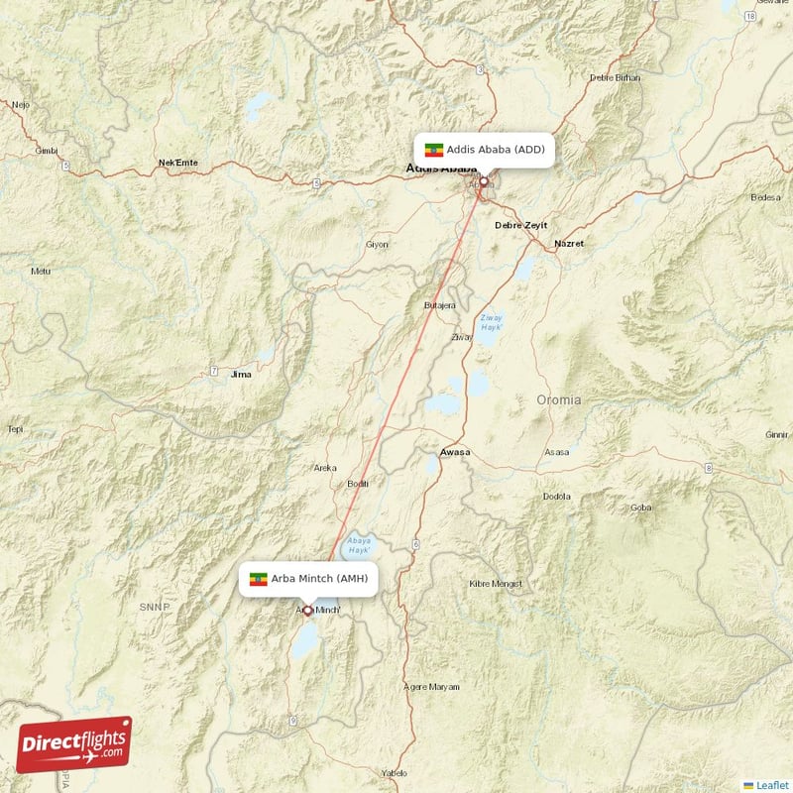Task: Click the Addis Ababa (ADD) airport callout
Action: click(x=483, y=150)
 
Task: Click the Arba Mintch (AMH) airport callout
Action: click(x=308, y=579)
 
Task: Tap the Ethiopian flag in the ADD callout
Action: click(x=433, y=150)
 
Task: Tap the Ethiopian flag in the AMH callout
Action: click(x=259, y=579)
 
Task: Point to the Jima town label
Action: click(x=240, y=375)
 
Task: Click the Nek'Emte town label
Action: click(x=178, y=163)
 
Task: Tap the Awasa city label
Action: click(x=455, y=452)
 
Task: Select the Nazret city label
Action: click(x=569, y=243)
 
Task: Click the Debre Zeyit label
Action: click(x=520, y=226)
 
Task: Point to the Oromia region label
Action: click(x=559, y=400)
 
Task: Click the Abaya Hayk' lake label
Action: click(x=358, y=544)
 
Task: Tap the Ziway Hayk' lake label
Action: click(x=492, y=322)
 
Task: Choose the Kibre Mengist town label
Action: click(x=496, y=583)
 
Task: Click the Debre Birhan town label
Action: click(x=615, y=77)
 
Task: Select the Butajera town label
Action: click(x=439, y=305)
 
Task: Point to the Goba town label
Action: click(x=640, y=508)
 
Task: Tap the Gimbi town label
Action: click(x=47, y=151)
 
